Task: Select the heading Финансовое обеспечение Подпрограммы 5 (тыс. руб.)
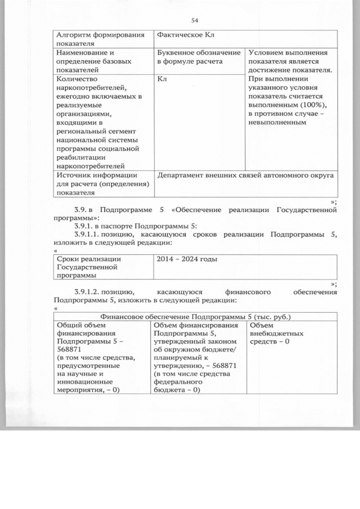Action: pyautogui.click(x=195, y=316)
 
